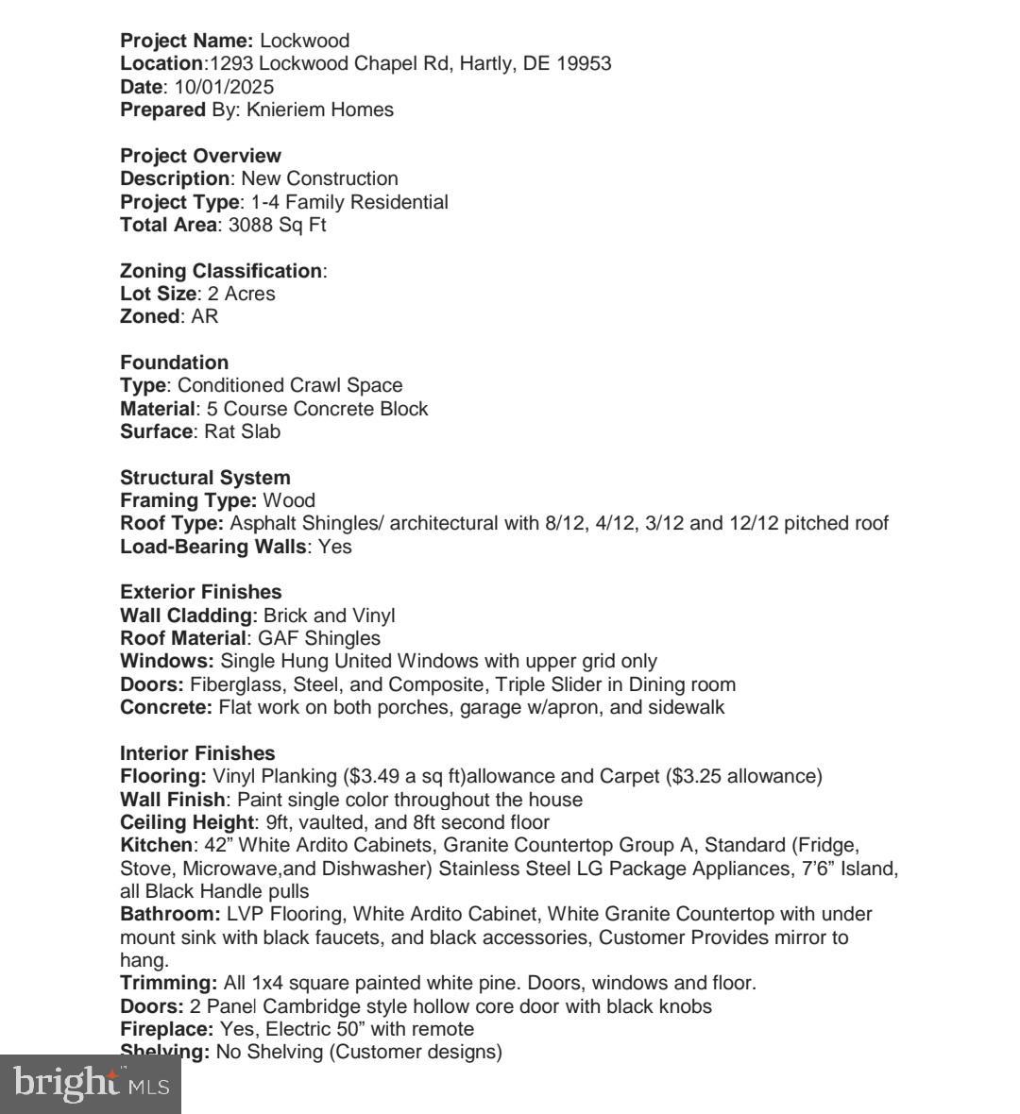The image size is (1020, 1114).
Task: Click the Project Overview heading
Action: pos(200,156)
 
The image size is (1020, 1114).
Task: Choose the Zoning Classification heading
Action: pos(221,271)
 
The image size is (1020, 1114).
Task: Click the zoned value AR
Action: pos(204,316)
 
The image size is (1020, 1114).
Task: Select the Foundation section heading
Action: pos(174,363)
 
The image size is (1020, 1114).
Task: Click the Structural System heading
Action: pos(205,478)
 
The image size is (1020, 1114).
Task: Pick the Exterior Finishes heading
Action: pos(200,592)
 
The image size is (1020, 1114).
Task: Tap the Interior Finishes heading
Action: pos(197,753)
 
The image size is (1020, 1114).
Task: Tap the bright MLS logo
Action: pos(90,1084)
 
